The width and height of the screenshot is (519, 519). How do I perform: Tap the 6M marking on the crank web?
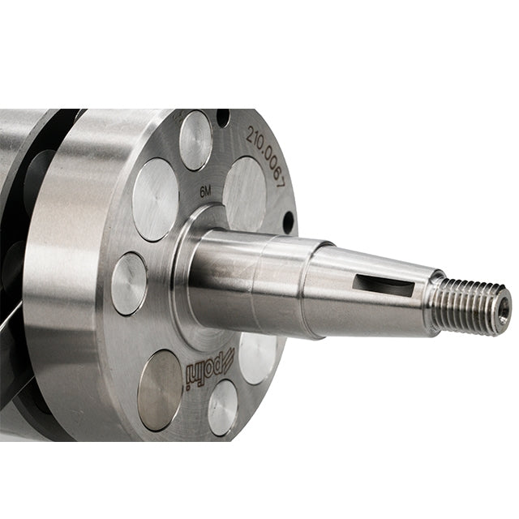(x=205, y=192)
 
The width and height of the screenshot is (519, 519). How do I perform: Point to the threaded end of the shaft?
(x=470, y=306)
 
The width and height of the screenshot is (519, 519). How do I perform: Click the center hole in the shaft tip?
(x=504, y=311)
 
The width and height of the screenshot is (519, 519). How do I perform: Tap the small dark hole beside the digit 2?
(x=224, y=117)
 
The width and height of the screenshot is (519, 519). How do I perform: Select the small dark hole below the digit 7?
(x=289, y=221)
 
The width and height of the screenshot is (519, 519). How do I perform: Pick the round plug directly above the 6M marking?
(x=195, y=140)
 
